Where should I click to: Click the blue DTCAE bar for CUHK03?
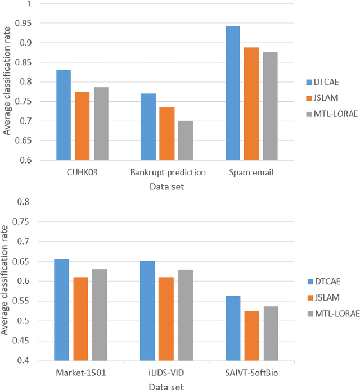point(63,115)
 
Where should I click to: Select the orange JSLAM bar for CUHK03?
point(82,126)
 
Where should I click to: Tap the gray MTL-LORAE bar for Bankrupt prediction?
point(186,140)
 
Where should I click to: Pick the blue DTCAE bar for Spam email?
point(232,93)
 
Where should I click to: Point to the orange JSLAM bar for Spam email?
point(251,104)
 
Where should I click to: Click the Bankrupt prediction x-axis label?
point(167,173)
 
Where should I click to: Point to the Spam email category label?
point(251,173)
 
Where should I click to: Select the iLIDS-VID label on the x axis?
point(167,372)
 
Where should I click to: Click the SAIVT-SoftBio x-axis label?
point(251,372)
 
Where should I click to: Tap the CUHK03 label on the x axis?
point(82,173)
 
